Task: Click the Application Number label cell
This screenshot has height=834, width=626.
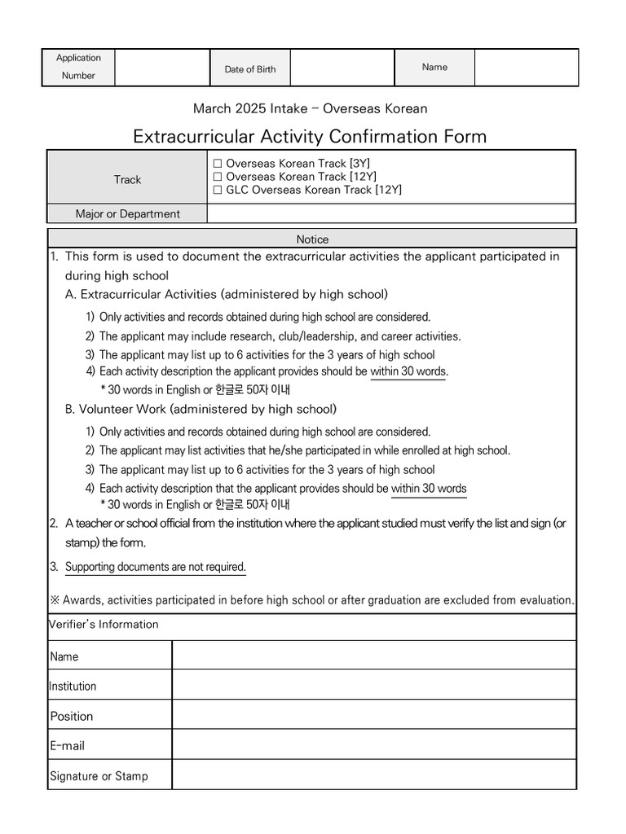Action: point(78,67)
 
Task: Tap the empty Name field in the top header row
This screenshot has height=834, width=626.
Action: point(526,68)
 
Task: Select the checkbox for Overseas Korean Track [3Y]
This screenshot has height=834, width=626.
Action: point(218,164)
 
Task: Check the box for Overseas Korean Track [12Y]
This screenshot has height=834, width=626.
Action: point(218,177)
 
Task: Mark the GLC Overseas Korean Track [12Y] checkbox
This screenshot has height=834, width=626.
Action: point(218,190)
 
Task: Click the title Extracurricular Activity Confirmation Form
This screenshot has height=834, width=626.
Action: point(310,136)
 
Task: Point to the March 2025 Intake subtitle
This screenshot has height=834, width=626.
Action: point(310,108)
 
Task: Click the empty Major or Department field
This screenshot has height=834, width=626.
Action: point(391,213)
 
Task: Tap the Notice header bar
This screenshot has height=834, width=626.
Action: point(312,239)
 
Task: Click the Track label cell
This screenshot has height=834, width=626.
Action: point(127,179)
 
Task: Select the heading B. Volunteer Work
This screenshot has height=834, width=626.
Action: point(201,409)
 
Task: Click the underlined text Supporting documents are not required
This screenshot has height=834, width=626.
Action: point(155,567)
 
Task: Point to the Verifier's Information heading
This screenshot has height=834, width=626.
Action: point(104,625)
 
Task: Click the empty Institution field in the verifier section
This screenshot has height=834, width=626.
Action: point(373,686)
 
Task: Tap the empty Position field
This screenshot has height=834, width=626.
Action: point(373,715)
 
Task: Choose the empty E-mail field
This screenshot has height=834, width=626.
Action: point(373,745)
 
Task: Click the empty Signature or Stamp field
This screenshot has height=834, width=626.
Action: point(373,775)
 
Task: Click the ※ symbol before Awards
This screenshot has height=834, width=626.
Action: point(55,600)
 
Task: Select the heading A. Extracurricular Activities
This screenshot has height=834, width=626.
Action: point(226,294)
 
